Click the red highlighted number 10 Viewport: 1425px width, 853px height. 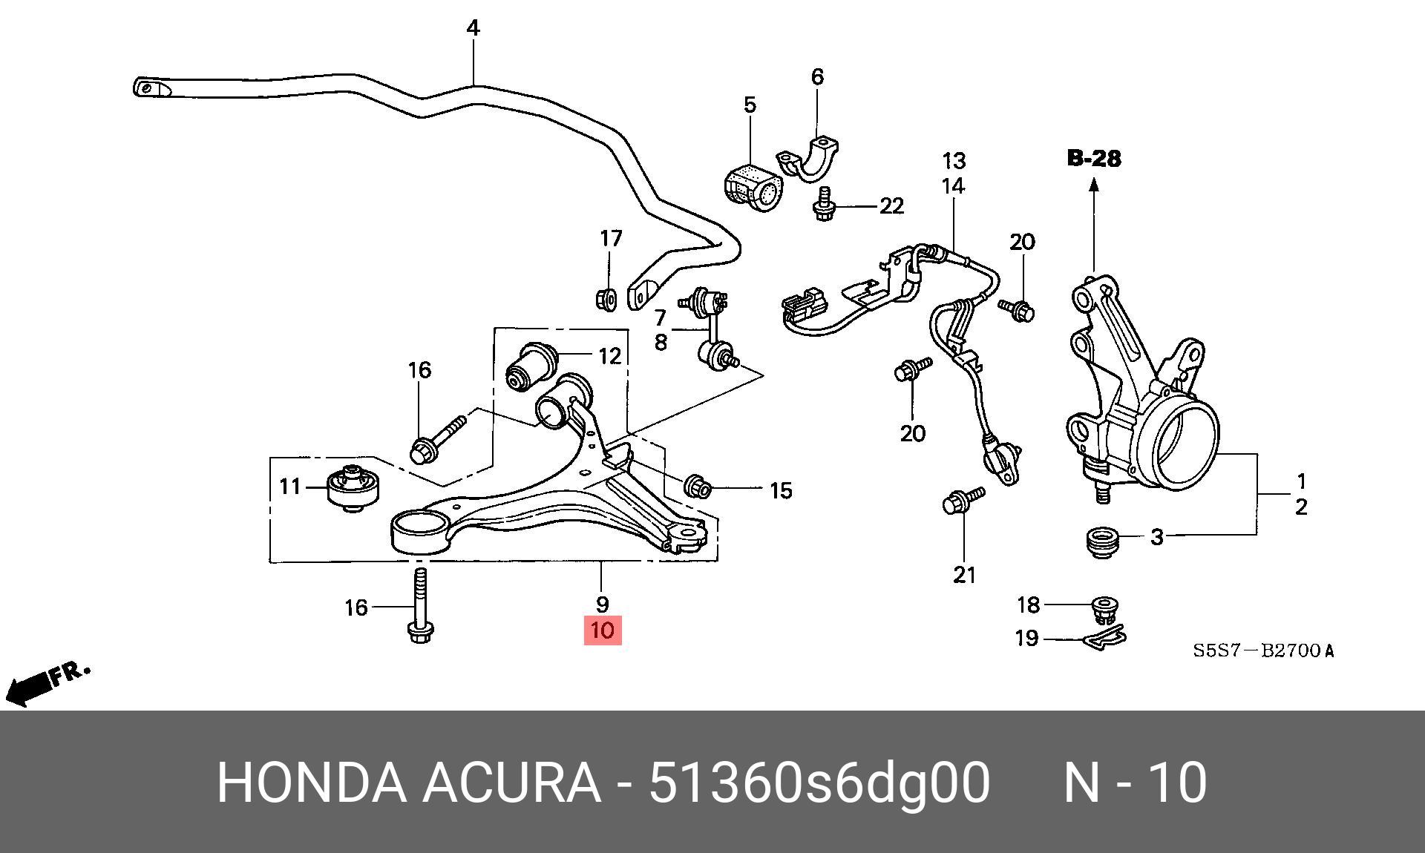(602, 630)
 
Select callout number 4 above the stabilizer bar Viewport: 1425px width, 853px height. (473, 28)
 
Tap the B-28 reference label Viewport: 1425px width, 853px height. (1094, 158)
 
